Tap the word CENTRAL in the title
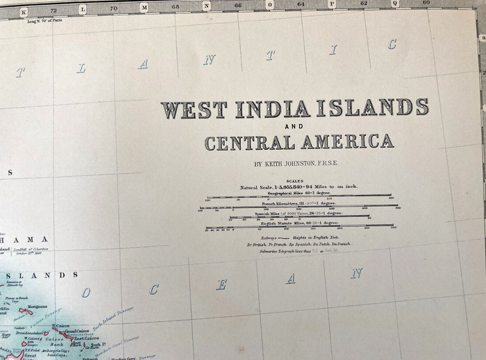(x=256, y=144)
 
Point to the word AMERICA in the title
(x=353, y=142)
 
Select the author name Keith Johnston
(x=296, y=164)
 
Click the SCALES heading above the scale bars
(x=295, y=181)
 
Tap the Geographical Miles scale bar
(x=300, y=197)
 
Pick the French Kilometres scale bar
(x=300, y=207)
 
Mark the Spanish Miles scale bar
(x=300, y=217)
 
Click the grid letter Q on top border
(x=395, y=3)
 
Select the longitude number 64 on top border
(x=301, y=4)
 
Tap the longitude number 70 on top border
(x=114, y=8)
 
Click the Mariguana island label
(x=37, y=306)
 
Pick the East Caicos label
(x=86, y=338)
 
